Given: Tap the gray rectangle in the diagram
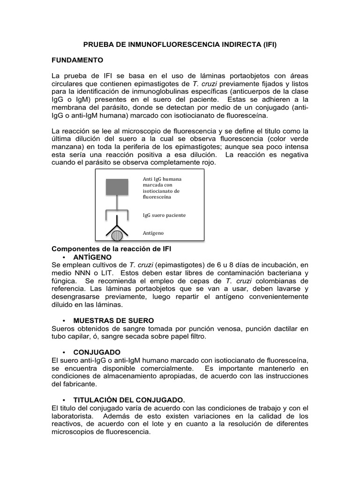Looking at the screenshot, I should [116, 187].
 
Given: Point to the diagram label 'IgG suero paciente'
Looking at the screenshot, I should [164, 215].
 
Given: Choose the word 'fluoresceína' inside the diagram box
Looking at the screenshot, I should [157, 197].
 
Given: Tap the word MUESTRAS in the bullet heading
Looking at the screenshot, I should [92, 321].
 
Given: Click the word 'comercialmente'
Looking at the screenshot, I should [163, 368].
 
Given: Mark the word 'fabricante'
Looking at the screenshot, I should [75, 384].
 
